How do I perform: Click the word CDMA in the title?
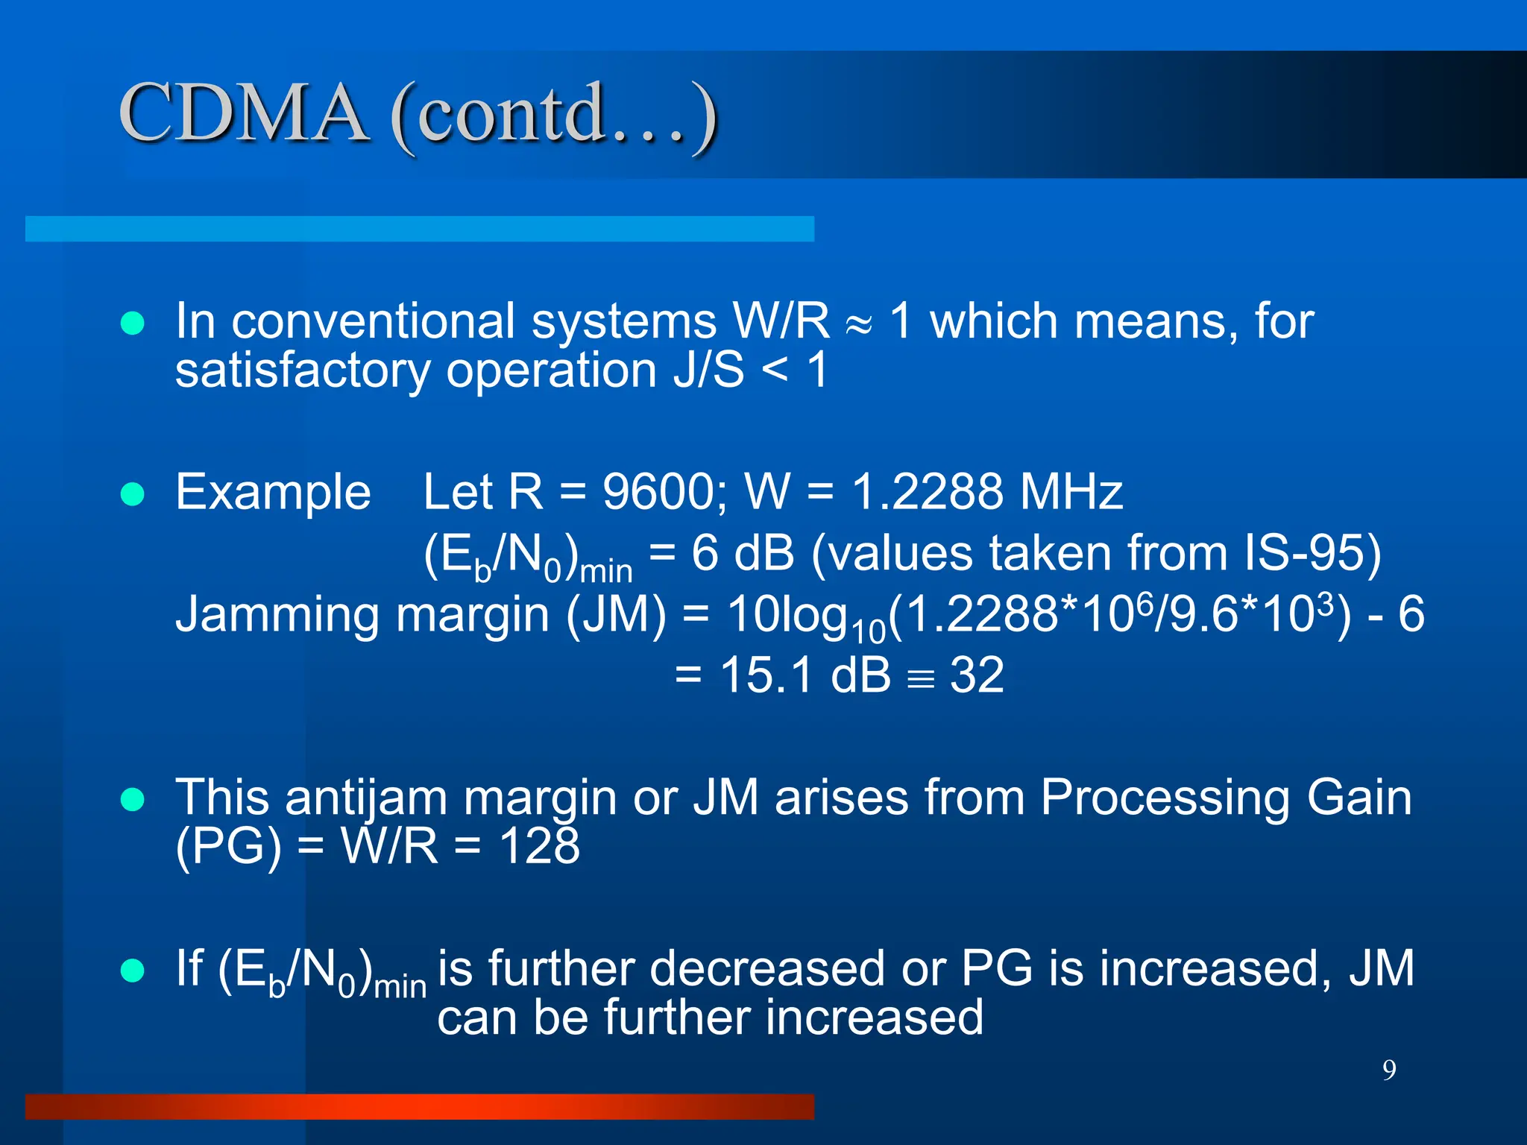(x=243, y=113)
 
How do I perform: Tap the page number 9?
(x=1389, y=1070)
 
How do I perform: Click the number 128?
(x=539, y=846)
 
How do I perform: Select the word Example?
(x=273, y=493)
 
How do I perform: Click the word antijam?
(x=366, y=798)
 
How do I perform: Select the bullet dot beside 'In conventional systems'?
(x=133, y=324)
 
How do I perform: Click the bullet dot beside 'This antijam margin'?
(x=133, y=799)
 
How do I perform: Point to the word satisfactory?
(x=303, y=370)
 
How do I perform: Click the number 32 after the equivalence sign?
(x=976, y=675)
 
